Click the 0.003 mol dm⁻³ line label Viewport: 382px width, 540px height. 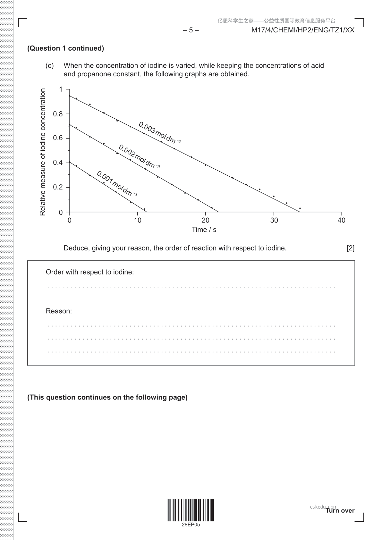pyautogui.click(x=159, y=132)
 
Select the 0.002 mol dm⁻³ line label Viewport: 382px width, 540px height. pyautogui.click(x=139, y=156)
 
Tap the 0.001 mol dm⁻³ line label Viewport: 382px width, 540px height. pyautogui.click(x=117, y=183)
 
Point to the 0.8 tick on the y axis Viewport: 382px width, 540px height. pyautogui.click(x=58, y=114)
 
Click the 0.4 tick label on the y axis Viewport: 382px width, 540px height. pyautogui.click(x=58, y=163)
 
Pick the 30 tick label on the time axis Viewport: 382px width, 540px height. pyautogui.click(x=274, y=220)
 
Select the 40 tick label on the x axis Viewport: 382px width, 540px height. pyautogui.click(x=341, y=220)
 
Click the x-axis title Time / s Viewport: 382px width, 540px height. pyautogui.click(x=204, y=230)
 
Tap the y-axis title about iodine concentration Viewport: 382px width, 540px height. pyautogui.click(x=43, y=152)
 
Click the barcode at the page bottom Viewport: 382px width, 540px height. pyautogui.click(x=191, y=510)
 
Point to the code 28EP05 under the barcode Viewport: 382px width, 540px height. pyautogui.click(x=191, y=525)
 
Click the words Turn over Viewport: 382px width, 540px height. pyautogui.click(x=340, y=510)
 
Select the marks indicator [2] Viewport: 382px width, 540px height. pyautogui.click(x=351, y=248)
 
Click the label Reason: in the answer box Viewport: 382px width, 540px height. pyautogui.click(x=59, y=311)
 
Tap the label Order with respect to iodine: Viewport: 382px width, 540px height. pyautogui.click(x=90, y=272)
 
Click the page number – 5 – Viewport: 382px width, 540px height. pyautogui.click(x=191, y=30)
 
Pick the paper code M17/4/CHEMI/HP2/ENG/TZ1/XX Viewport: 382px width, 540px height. pyautogui.click(x=303, y=30)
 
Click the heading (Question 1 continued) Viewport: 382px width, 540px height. pyautogui.click(x=66, y=48)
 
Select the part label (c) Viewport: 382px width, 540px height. pyautogui.click(x=50, y=66)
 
